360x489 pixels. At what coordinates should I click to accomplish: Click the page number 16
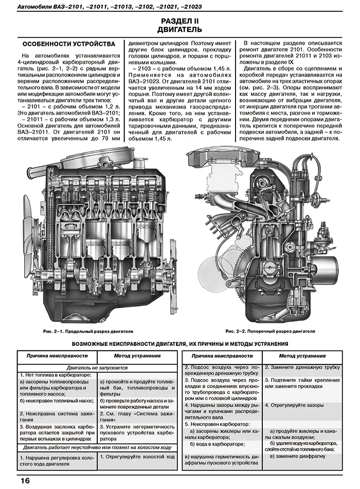point(25,481)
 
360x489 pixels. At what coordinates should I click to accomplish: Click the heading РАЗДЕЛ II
point(180,21)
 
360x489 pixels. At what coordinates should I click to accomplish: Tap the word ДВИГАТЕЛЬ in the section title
point(180,29)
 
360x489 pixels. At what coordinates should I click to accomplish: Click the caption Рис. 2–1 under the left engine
point(88,331)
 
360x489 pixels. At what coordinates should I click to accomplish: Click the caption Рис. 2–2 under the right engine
point(269,331)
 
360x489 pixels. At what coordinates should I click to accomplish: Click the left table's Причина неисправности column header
point(57,356)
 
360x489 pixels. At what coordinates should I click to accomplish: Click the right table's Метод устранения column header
point(302,356)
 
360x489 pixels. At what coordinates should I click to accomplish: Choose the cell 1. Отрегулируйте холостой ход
point(137,457)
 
